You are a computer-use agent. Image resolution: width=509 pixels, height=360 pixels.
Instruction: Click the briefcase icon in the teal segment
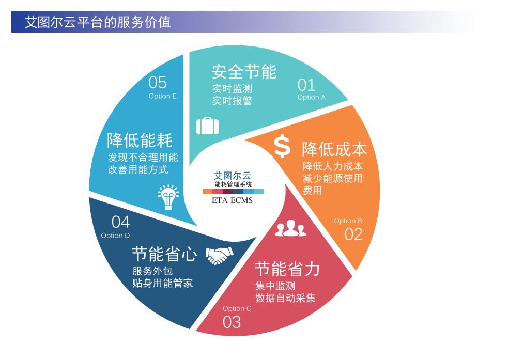(207, 126)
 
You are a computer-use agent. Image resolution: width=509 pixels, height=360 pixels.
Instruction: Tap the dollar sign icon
(282, 146)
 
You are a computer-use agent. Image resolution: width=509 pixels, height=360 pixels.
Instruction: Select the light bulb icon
(168, 197)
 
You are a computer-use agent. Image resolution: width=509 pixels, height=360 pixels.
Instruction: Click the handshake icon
(220, 256)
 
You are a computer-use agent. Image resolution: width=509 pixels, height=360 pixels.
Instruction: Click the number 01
(306, 85)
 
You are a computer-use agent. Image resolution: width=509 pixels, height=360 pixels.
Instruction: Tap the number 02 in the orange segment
(353, 234)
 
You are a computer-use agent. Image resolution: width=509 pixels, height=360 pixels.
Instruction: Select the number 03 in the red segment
(232, 322)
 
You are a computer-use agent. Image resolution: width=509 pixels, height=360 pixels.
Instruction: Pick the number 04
(120, 222)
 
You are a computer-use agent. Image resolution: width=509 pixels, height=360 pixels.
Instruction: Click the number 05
(158, 82)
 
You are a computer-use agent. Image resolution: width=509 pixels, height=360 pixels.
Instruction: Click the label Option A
(311, 97)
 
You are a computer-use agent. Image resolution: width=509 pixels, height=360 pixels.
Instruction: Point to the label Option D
(115, 236)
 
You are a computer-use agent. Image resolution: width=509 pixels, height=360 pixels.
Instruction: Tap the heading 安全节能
(244, 72)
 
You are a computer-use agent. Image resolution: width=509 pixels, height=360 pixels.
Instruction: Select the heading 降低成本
(334, 149)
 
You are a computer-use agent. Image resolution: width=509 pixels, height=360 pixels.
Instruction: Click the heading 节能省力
(287, 269)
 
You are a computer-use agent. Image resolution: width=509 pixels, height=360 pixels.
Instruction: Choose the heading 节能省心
(164, 254)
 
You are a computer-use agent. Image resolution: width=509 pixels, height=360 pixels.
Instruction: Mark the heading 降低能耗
(140, 140)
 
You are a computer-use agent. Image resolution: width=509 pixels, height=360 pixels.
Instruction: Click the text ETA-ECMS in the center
(232, 200)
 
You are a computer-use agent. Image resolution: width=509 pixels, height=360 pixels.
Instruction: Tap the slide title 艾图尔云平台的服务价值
(98, 22)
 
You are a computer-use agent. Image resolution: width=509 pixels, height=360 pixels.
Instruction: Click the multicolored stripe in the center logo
(233, 191)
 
